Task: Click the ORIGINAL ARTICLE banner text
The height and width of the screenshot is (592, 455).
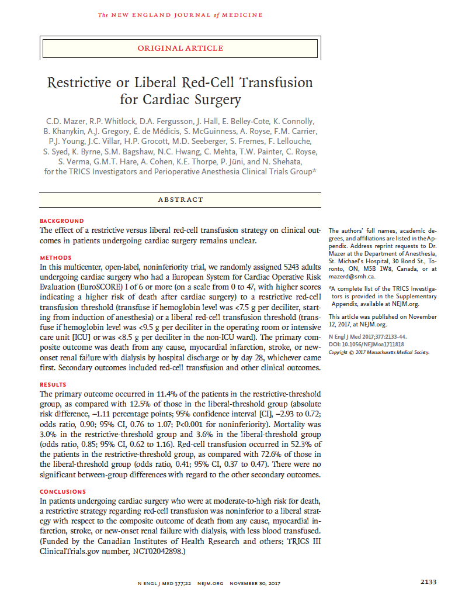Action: [180, 48]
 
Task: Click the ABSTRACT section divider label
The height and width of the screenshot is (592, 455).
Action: [180, 199]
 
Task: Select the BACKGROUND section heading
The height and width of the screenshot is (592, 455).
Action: [62, 221]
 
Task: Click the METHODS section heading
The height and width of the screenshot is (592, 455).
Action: [55, 257]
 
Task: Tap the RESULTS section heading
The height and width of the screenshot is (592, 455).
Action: [53, 384]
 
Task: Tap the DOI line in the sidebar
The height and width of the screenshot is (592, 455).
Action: [366, 346]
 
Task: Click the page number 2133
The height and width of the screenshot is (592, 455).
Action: [428, 581]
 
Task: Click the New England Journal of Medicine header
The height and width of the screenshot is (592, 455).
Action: [180, 14]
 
